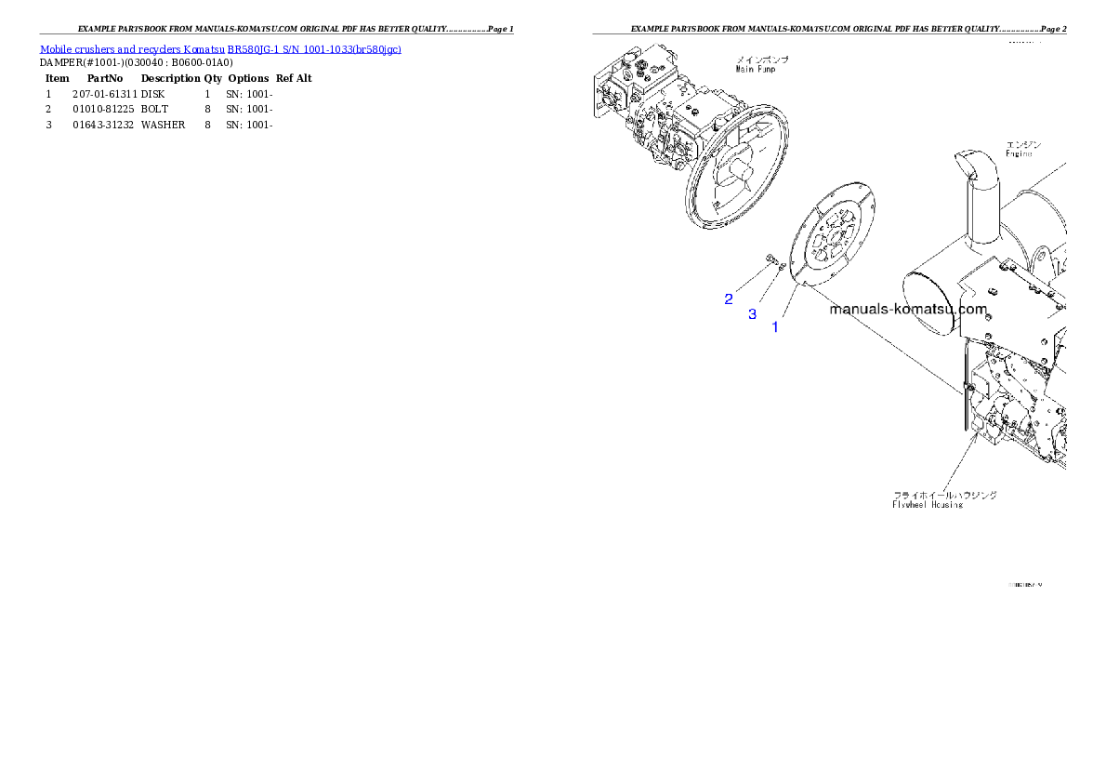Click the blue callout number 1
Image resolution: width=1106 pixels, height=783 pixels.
click(775, 327)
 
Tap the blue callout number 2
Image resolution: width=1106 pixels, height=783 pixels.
click(729, 299)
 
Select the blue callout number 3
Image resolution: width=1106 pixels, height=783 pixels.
click(752, 314)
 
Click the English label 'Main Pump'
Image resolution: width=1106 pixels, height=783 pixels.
click(757, 68)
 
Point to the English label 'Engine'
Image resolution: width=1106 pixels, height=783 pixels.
click(1019, 153)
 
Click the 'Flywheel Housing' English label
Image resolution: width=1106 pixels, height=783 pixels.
click(927, 505)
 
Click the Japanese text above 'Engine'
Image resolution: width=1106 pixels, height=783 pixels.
click(1022, 144)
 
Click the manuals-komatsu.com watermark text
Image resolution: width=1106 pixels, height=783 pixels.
click(907, 310)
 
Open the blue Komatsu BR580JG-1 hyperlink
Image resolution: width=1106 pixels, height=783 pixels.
click(220, 48)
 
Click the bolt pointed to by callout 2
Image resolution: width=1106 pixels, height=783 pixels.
click(770, 259)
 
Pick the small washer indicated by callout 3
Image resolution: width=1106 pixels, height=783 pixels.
click(782, 268)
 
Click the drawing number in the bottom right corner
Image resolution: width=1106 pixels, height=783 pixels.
click(1026, 585)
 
